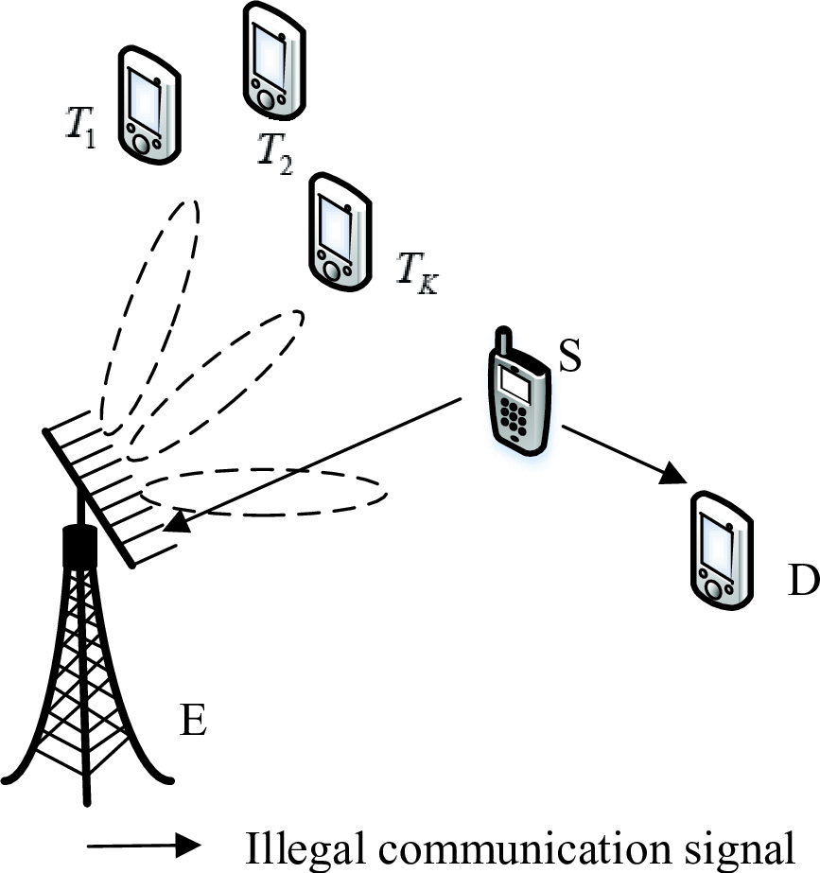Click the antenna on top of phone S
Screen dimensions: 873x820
coord(504,341)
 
